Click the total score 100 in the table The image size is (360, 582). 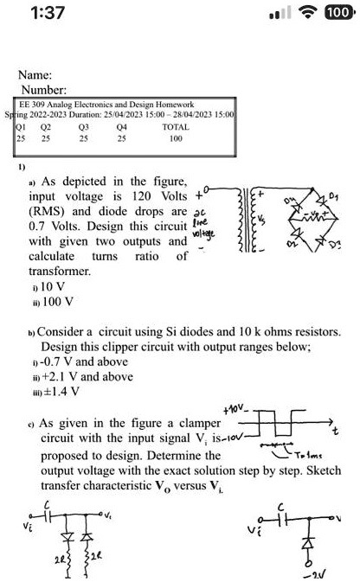[x=176, y=138]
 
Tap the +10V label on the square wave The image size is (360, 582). [x=235, y=408]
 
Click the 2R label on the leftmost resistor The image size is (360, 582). [x=59, y=560]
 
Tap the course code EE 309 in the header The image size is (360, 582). [x=33, y=104]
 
